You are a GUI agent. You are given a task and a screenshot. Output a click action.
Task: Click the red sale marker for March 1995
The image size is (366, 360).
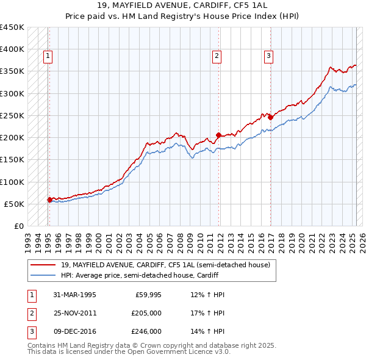[49, 199]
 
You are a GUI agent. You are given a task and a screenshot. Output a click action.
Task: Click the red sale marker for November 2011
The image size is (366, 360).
[218, 135]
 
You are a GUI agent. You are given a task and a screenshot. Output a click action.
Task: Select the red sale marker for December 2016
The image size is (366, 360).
[270, 117]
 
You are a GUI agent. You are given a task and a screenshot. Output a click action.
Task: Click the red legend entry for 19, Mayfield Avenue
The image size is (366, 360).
[165, 265]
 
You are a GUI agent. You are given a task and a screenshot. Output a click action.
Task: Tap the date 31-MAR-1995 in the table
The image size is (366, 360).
[74, 295]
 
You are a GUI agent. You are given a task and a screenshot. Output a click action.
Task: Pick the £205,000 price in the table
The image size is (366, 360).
[146, 313]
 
